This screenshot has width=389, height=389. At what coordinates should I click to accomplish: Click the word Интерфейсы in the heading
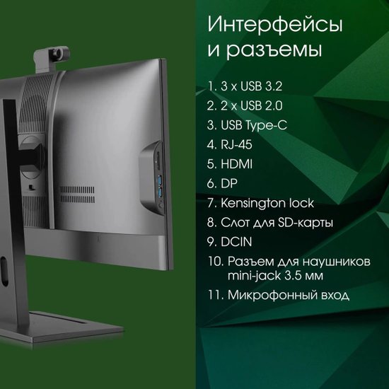(x=275, y=25)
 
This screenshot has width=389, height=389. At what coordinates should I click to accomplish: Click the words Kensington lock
(x=267, y=203)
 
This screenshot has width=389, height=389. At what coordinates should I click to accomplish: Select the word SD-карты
(x=305, y=223)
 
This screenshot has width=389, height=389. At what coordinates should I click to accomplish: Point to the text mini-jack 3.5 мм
(x=275, y=276)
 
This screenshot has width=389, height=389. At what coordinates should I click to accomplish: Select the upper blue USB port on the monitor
(x=160, y=180)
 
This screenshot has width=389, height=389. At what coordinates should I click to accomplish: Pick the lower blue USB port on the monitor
(x=161, y=193)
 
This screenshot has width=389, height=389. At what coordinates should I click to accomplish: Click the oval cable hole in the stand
(x=4, y=272)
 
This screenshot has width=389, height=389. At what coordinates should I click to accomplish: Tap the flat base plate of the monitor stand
(x=62, y=327)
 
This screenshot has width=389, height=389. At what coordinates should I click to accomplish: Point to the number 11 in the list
(x=213, y=295)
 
